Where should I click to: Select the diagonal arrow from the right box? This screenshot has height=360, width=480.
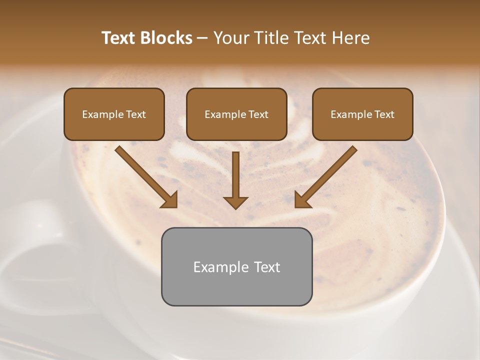[330, 172]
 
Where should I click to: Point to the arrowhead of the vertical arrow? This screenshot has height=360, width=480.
[235, 202]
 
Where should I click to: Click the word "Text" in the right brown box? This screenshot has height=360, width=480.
[384, 114]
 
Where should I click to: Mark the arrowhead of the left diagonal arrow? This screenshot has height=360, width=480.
[170, 199]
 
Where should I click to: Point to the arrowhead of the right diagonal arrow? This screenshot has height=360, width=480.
[302, 199]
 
